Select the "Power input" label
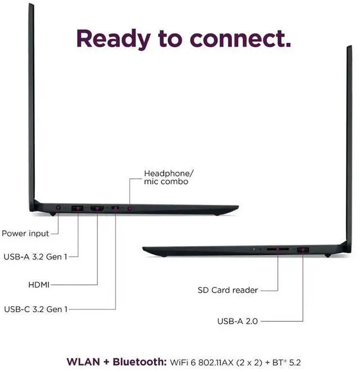[25, 233]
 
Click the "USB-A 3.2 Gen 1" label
[35, 257]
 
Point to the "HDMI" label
[39, 285]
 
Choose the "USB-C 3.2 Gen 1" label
[35, 308]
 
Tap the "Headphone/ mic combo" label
[165, 177]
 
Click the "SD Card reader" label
[228, 290]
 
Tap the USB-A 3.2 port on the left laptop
[78, 209]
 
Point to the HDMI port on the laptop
[97, 209]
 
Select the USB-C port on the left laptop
[115, 209]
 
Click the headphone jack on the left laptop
[130, 209]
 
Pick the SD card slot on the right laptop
[278, 248]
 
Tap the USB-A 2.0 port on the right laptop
[304, 248]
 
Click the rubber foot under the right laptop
[327, 256]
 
